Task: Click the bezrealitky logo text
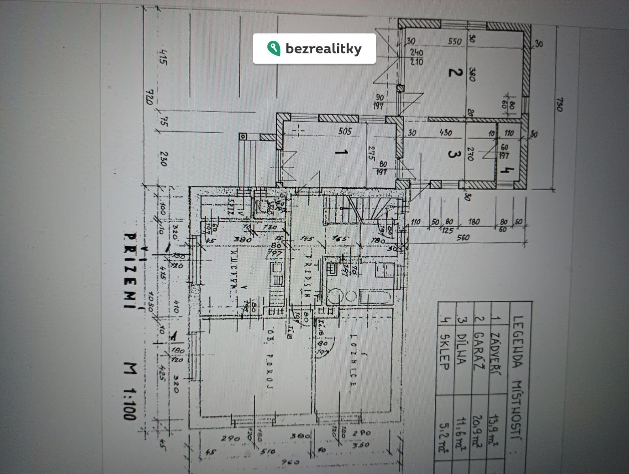pyautogui.click(x=323, y=49)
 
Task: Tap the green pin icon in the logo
pyautogui.click(x=273, y=48)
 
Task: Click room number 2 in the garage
pyautogui.click(x=455, y=73)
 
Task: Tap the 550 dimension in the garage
pyautogui.click(x=455, y=41)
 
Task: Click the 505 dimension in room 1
pyautogui.click(x=344, y=131)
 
